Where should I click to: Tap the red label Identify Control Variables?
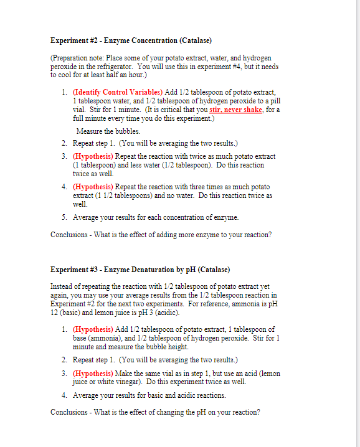(109, 92)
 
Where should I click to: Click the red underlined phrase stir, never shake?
(236, 109)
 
